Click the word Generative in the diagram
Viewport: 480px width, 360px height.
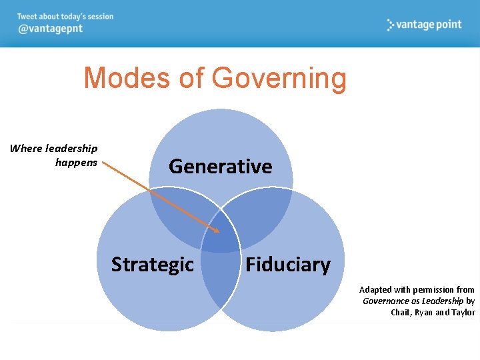tap(220, 166)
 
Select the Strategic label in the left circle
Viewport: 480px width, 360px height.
tap(152, 265)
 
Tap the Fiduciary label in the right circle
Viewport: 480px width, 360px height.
tap(287, 265)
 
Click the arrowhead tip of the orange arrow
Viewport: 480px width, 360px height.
tap(219, 233)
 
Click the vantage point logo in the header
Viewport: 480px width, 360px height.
tap(424, 25)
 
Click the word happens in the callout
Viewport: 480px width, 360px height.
tap(76, 162)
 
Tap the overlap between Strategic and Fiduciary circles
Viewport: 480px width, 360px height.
tap(220, 280)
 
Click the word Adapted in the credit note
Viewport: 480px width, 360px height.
tap(375, 289)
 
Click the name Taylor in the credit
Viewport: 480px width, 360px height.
tap(463, 312)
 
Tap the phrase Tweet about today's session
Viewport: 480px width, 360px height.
tap(65, 17)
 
